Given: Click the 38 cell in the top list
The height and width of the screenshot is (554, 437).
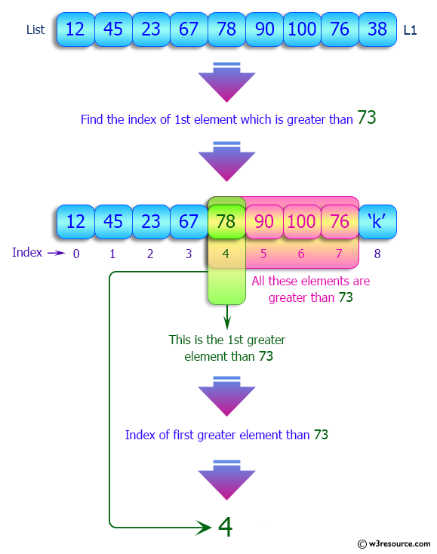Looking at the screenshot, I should point(377,30).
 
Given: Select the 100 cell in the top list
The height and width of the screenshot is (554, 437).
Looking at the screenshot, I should point(302,30).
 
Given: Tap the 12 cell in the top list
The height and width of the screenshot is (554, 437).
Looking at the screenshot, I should point(75,30).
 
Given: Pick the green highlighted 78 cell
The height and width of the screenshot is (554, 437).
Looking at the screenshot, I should point(226,222).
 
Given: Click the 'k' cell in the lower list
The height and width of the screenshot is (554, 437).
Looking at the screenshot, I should point(377,222).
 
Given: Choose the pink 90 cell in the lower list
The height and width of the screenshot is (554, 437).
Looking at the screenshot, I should point(264,222).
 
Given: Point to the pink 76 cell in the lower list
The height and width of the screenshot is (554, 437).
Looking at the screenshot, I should point(340,222).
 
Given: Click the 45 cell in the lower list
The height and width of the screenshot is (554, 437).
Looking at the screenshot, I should point(113,222).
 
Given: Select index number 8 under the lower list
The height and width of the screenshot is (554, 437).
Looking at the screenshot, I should point(377,254).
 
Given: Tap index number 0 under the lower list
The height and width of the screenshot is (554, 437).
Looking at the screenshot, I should point(75,254).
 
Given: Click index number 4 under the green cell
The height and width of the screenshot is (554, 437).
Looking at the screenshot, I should point(226,254).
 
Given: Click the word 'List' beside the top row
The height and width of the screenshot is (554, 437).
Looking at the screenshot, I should point(35,30).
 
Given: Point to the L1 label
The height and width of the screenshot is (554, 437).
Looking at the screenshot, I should point(410,30).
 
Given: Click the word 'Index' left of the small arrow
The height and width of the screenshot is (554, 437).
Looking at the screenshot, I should point(27,253).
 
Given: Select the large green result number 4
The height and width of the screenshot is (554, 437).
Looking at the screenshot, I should point(225,526).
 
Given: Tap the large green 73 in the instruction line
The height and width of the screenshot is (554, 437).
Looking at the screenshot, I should point(366,118).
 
